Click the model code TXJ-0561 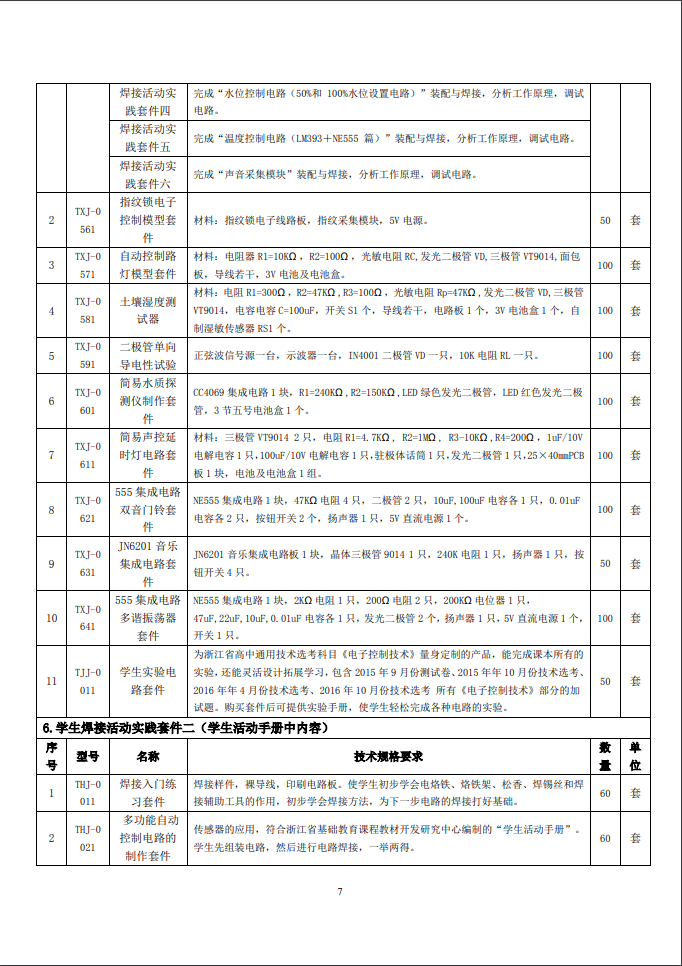click(x=87, y=220)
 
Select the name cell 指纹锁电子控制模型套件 click(x=148, y=220)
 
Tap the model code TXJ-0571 click(x=87, y=265)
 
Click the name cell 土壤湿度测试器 click(x=148, y=309)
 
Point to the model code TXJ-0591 click(x=87, y=355)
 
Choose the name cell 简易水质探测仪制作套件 click(x=148, y=400)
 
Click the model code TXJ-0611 click(x=87, y=455)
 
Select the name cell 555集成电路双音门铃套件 click(x=148, y=510)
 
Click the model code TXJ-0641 click(x=87, y=618)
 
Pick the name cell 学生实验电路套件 click(x=148, y=680)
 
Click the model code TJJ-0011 click(x=87, y=680)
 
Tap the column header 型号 click(x=87, y=757)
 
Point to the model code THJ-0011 click(x=87, y=793)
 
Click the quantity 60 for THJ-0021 click(x=605, y=838)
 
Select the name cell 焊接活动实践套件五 click(x=148, y=138)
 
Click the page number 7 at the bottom click(x=340, y=891)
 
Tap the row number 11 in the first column click(x=51, y=680)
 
